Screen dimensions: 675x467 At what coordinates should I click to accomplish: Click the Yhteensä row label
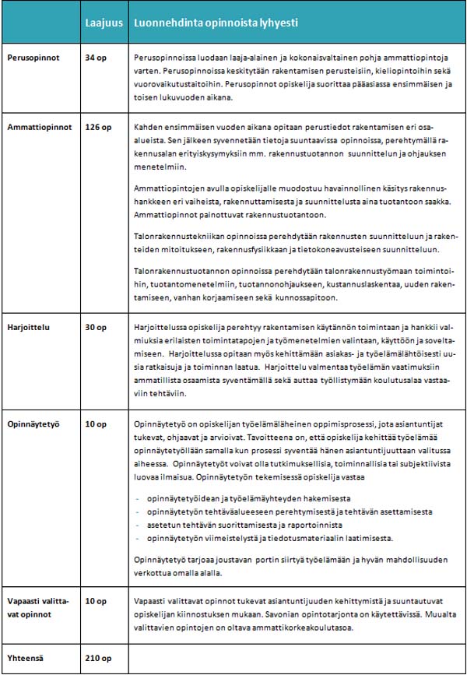point(26,656)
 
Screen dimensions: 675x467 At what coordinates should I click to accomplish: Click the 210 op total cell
point(97,656)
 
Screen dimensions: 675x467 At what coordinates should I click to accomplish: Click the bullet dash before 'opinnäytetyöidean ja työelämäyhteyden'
point(137,497)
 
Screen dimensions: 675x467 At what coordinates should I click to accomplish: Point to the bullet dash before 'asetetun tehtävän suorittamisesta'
point(137,525)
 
